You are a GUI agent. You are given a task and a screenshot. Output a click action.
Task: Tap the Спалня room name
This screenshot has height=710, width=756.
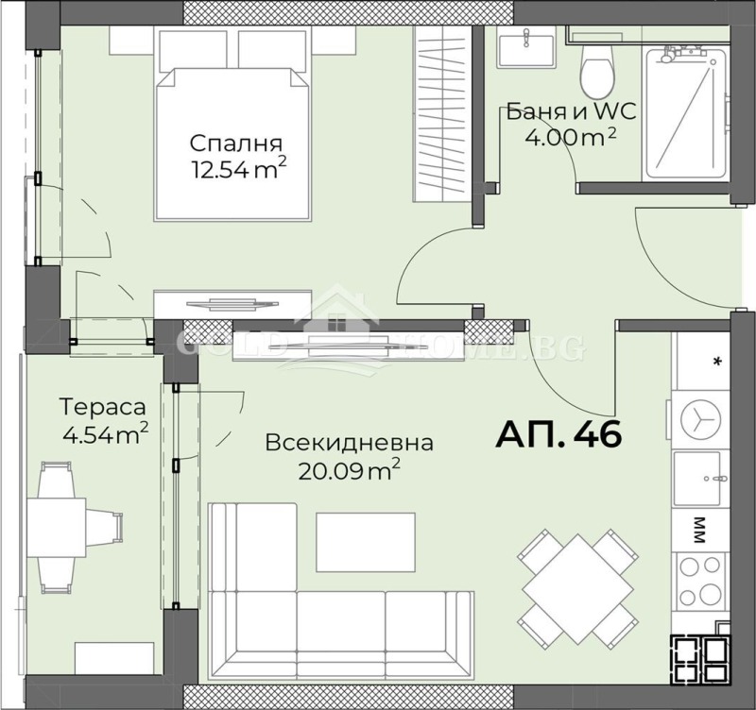235,144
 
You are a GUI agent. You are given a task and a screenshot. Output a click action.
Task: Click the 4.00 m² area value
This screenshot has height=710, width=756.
570,137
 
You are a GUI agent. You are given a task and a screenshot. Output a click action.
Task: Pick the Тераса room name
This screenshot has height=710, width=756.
103,408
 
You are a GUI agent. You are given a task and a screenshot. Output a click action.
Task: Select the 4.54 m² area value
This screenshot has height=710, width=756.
104,435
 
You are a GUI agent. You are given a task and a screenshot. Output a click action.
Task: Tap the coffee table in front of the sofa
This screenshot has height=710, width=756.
365,541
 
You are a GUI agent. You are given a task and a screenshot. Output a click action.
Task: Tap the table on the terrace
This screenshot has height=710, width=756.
65,528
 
